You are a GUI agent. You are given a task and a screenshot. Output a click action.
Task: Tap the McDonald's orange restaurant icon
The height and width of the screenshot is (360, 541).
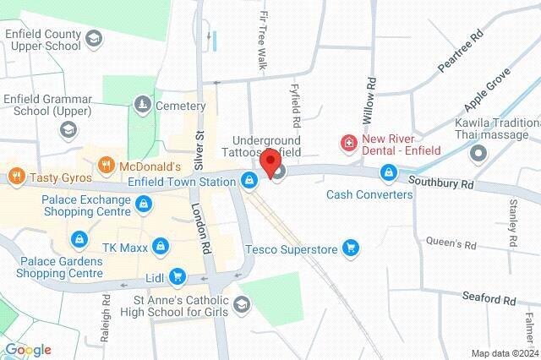pyautogui.click(x=106, y=165)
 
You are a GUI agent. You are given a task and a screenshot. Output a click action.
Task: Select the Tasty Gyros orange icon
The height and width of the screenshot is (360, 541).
pyautogui.click(x=15, y=177)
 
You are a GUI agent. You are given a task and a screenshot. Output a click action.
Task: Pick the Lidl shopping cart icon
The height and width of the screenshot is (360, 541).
pyautogui.click(x=177, y=275)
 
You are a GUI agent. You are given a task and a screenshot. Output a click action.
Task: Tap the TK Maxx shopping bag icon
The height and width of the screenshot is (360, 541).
pyautogui.click(x=161, y=246)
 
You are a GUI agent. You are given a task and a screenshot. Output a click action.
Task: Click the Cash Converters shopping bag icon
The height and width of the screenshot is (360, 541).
pyautogui.click(x=388, y=173)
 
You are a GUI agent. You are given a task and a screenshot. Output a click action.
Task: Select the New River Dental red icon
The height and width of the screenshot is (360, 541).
pyautogui.click(x=347, y=145)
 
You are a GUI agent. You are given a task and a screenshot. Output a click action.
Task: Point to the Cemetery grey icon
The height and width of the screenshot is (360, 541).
pyautogui.click(x=142, y=105)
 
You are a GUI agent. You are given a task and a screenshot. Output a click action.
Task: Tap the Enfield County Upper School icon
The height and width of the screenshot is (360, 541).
pyautogui.click(x=93, y=39)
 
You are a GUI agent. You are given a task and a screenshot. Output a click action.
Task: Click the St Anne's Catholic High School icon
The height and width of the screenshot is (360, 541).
pyautogui.click(x=243, y=304)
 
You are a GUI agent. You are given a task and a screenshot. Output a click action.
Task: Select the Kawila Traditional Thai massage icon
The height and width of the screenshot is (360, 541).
pyautogui.click(x=479, y=155)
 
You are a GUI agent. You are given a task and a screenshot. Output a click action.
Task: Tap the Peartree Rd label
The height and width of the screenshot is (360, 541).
pyautogui.click(x=460, y=52)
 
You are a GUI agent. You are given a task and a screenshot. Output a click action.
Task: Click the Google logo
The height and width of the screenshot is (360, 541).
pyautogui.click(x=27, y=350)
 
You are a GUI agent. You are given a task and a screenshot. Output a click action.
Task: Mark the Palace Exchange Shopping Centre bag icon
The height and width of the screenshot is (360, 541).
pyautogui.click(x=145, y=206)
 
